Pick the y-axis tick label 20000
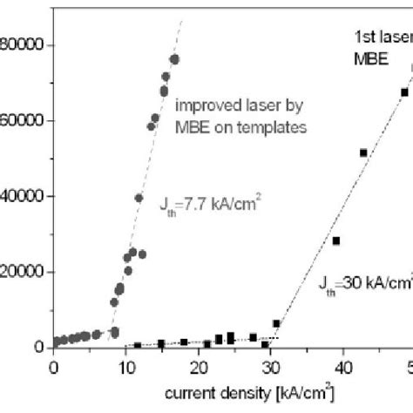(x=24, y=272)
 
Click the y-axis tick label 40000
(x=24, y=196)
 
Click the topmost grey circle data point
(x=174, y=59)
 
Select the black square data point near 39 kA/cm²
(x=336, y=240)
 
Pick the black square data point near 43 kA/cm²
(x=363, y=153)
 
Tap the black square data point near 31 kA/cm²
(x=276, y=324)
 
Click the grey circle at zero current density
(x=56, y=342)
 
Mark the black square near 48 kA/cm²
(x=403, y=92)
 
